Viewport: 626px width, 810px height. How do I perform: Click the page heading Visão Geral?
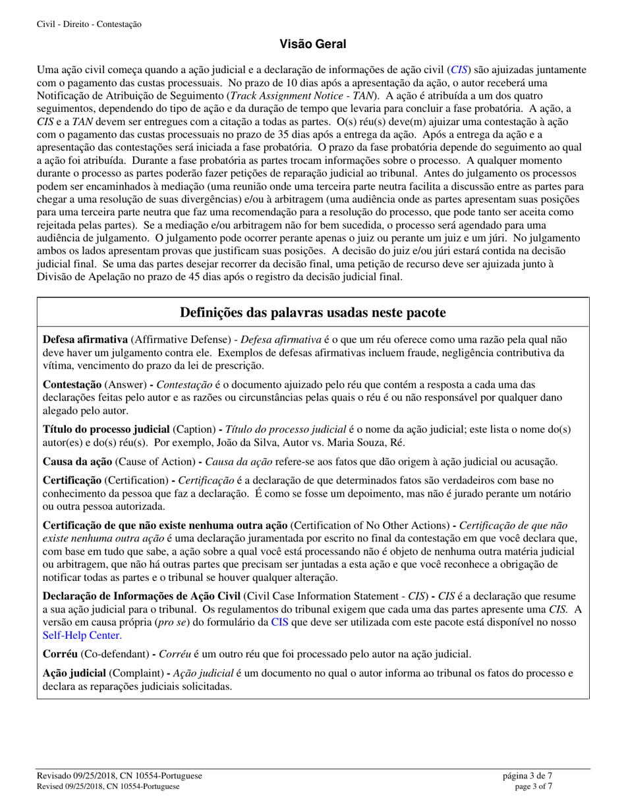tap(313, 44)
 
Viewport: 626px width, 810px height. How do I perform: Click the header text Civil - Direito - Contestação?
tap(90, 24)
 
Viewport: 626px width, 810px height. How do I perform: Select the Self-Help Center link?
tap(82, 635)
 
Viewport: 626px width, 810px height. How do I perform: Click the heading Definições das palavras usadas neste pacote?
tap(313, 313)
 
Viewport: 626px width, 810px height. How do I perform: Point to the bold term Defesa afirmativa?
tap(85, 340)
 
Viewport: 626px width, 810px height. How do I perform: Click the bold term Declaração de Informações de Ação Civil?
tap(142, 596)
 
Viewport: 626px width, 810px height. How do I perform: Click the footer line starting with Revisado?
tap(119, 776)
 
